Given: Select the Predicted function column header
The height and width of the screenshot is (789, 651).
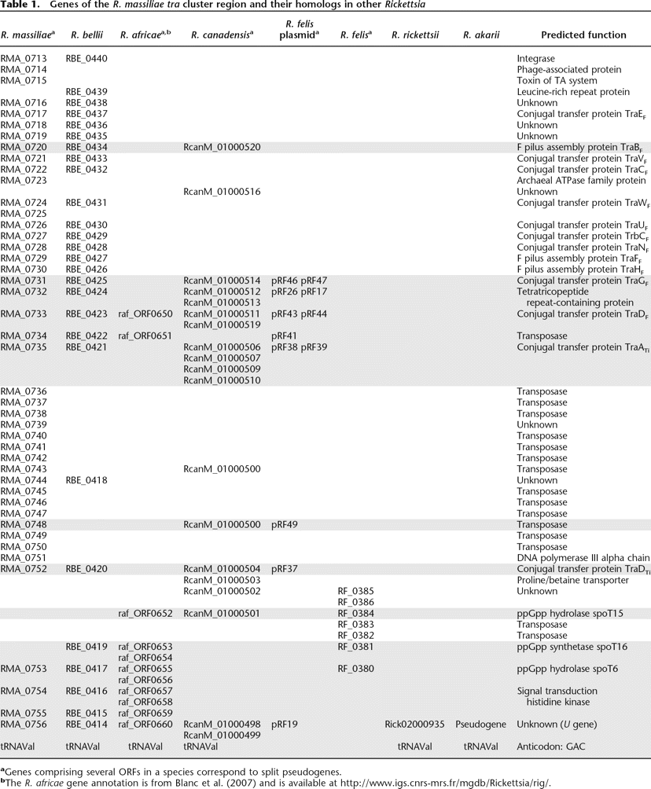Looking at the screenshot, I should [x=583, y=35].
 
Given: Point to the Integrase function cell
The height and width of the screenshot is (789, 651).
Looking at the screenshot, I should [x=536, y=59].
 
